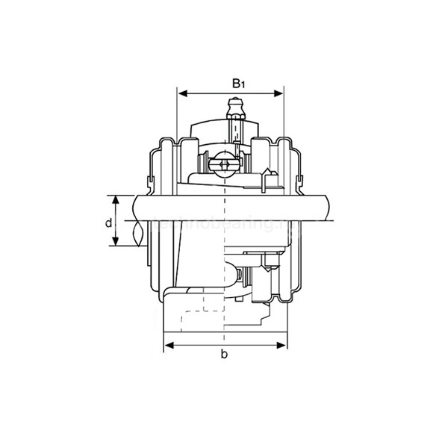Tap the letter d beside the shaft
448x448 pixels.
[108, 223]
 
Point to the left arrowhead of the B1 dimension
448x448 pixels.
[181, 94]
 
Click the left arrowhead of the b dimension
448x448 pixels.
[168, 345]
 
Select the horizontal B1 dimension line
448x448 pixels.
[231, 94]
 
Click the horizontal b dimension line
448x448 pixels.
[224, 345]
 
